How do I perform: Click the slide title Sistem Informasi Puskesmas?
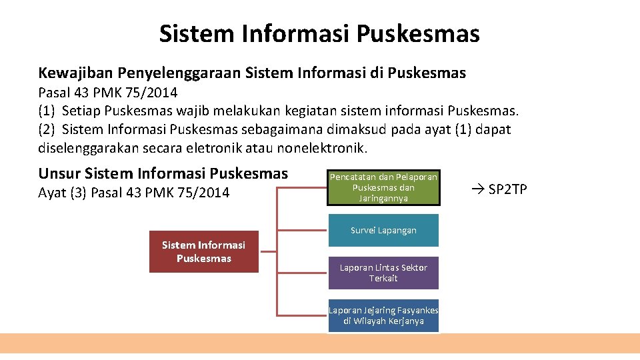(319, 33)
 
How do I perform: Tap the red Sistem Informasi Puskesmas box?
(203, 252)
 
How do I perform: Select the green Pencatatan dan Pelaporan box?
(383, 187)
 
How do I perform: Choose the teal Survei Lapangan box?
(383, 230)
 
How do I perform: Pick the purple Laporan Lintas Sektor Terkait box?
(383, 273)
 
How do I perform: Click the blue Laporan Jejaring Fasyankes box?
(383, 315)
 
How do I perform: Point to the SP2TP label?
(508, 189)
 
